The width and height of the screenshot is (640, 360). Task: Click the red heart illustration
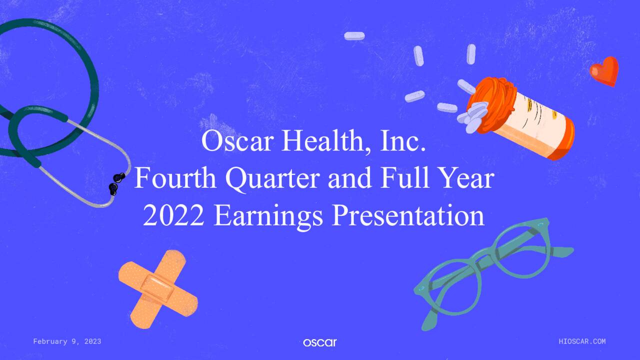pyautogui.click(x=604, y=71)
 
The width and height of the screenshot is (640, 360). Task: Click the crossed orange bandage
pyautogui.click(x=157, y=289)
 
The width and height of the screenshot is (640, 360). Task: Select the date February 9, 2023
pyautogui.click(x=67, y=341)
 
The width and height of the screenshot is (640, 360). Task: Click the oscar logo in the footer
pyautogui.click(x=319, y=342)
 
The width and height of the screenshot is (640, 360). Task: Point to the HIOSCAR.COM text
pyautogui.click(x=582, y=341)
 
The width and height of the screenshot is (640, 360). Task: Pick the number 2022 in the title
pyautogui.click(x=173, y=216)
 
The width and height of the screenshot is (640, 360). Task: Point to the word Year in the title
pyautogui.click(x=467, y=179)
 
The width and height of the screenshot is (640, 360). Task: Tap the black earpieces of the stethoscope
pyautogui.click(x=116, y=182)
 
